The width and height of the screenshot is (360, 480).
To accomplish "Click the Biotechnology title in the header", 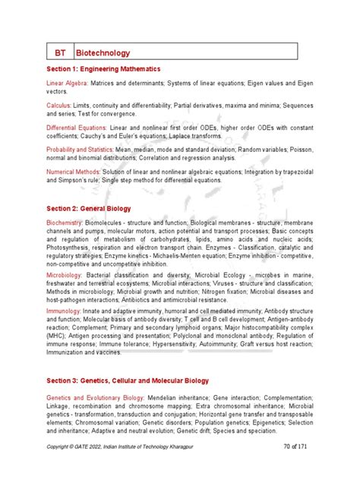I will [103, 53].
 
